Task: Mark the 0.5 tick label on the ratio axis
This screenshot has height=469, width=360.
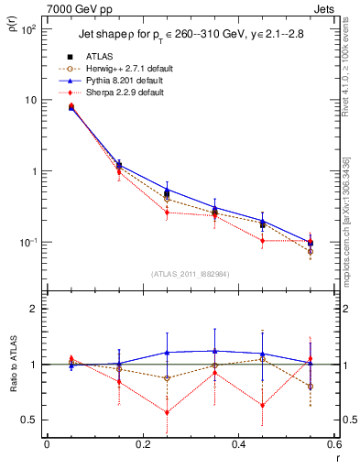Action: click(31, 420)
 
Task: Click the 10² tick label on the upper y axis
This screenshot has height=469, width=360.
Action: click(28, 29)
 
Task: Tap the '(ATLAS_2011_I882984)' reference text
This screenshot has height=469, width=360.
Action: click(190, 274)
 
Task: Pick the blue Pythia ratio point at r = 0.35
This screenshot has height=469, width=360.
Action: click(214, 351)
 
